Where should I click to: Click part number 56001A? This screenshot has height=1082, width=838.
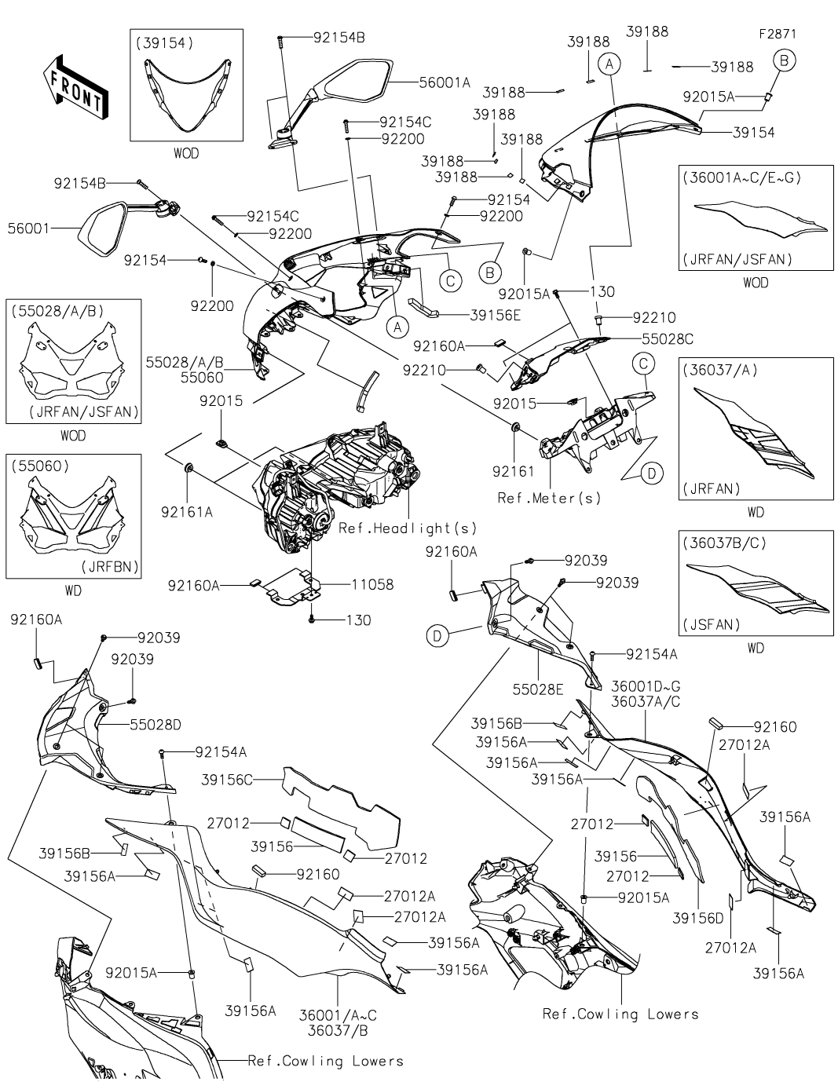444,82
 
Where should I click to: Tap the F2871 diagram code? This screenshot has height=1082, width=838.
777,35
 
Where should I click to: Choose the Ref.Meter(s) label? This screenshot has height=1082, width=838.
549,498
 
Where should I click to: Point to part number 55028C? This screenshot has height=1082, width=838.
668,339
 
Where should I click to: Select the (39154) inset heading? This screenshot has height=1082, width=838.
164,44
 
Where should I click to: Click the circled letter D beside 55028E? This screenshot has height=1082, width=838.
438,636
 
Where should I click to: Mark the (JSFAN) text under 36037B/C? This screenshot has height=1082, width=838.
713,625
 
